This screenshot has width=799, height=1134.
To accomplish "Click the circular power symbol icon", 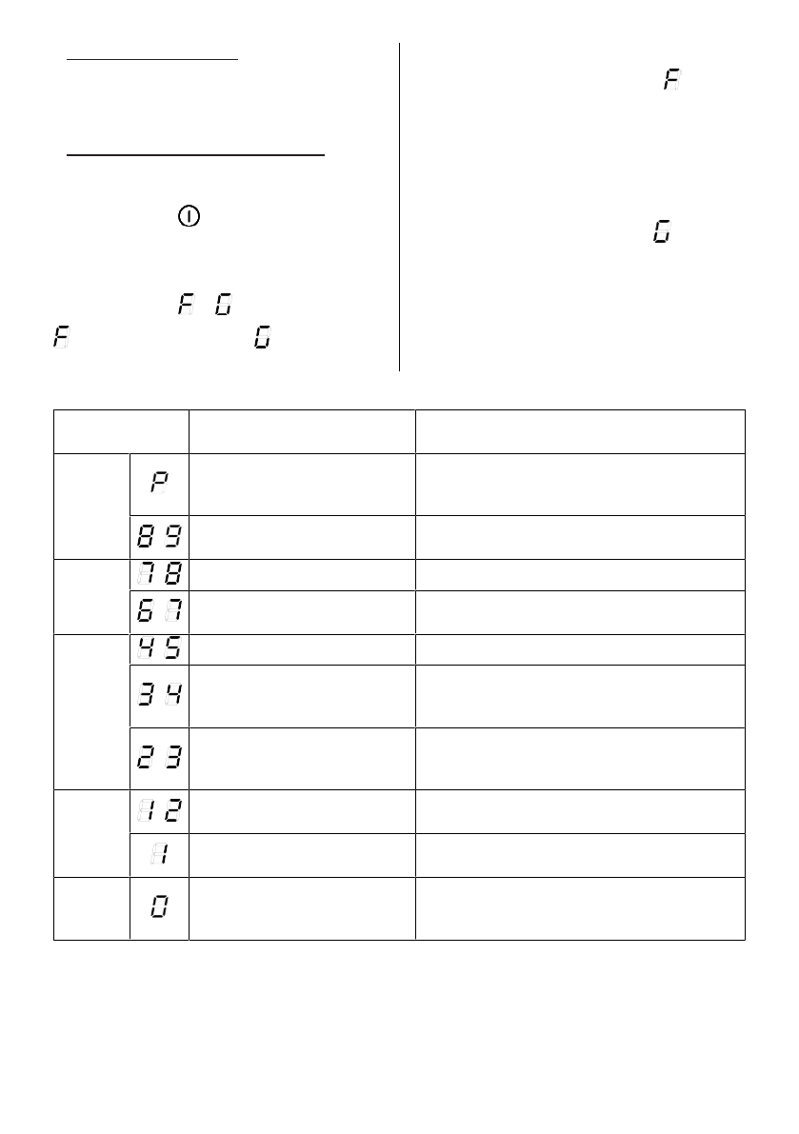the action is point(189,217).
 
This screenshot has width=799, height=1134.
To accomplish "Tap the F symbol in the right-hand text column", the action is point(672,81).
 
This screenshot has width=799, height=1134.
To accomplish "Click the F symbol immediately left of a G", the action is point(186,305).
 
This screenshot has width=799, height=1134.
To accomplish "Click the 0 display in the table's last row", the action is point(159,907).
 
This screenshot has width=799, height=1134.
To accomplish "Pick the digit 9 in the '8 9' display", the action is point(174,538).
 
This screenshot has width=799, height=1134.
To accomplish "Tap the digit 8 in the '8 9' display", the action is point(146,538).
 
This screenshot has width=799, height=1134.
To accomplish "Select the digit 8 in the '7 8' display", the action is point(174,573).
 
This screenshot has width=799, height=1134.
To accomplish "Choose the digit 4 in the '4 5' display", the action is point(146,648).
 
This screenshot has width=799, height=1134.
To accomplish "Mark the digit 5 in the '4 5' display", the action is point(174,648).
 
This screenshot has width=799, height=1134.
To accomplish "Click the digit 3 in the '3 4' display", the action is point(146,696).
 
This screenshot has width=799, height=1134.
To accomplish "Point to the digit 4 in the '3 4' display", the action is point(174,696).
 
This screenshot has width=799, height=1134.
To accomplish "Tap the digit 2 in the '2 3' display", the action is point(146,758).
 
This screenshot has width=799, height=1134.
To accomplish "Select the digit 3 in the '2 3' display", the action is point(174,758).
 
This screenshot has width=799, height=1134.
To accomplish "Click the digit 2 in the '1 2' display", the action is point(174,811).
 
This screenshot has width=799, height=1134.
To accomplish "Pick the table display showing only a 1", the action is point(160,855).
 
